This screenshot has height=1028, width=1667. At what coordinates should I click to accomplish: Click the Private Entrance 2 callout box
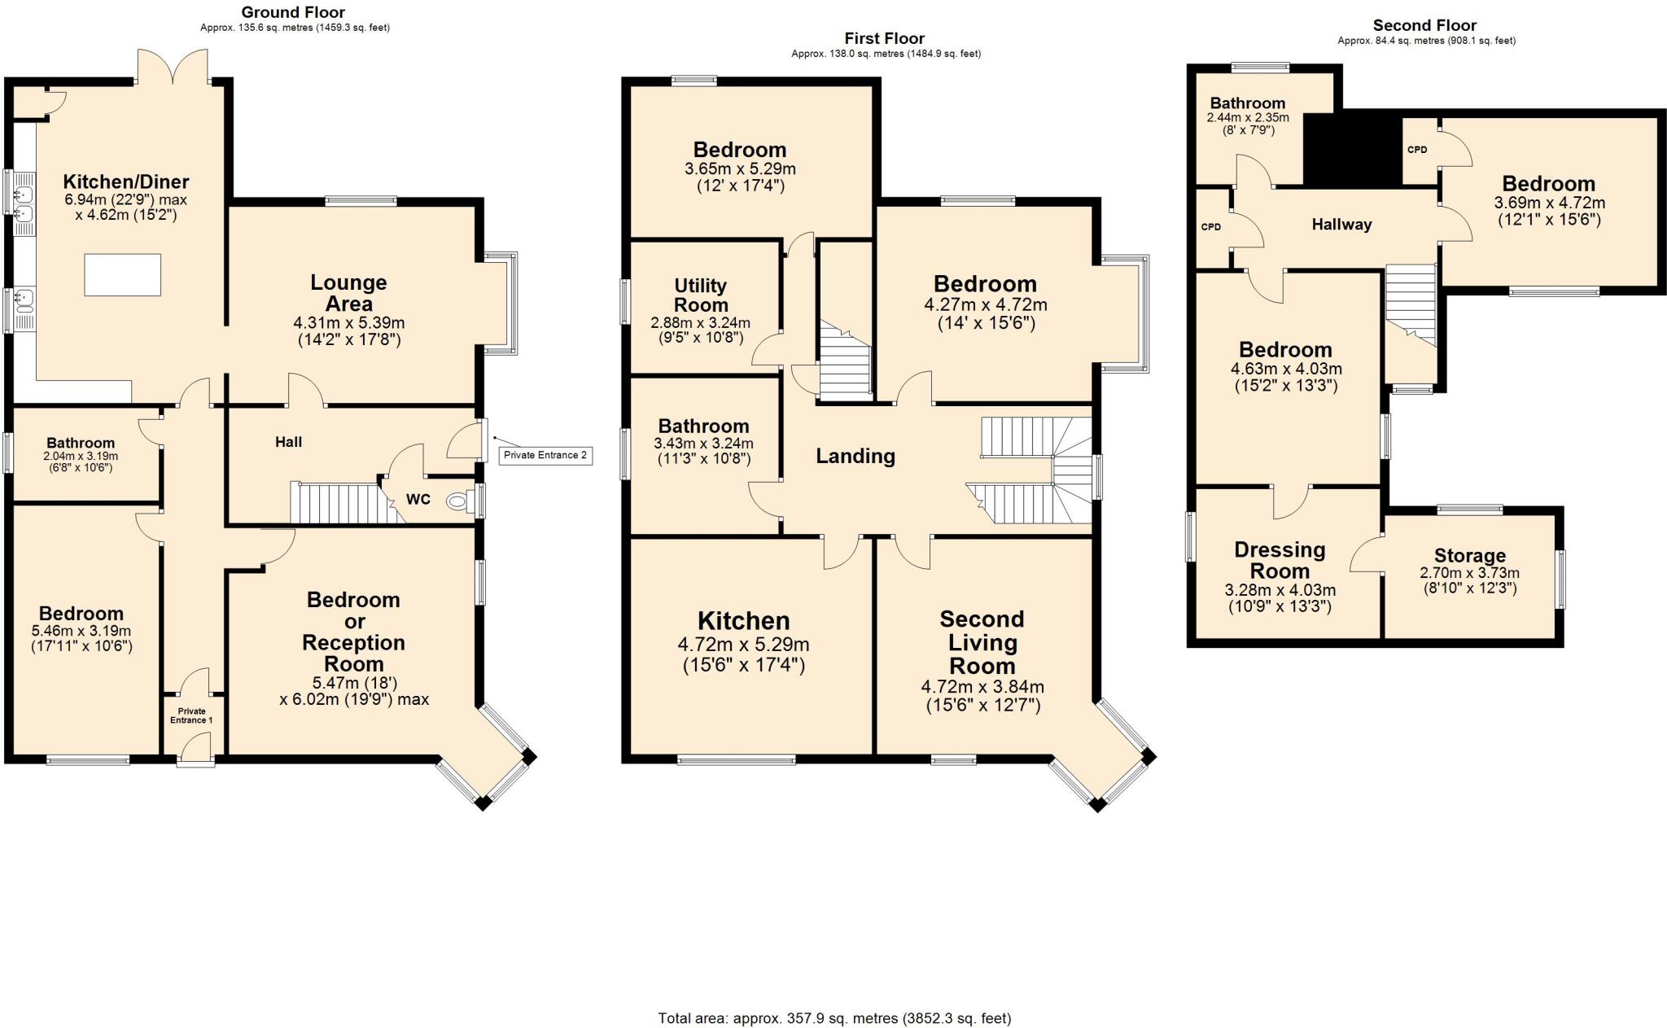coord(545,455)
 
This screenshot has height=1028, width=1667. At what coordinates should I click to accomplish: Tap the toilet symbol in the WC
coord(459,502)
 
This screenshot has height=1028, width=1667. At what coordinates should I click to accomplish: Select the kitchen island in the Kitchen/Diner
coord(123,275)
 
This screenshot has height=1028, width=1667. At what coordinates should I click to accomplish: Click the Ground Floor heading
coord(293,12)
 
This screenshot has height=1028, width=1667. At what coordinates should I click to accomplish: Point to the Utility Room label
coord(700,295)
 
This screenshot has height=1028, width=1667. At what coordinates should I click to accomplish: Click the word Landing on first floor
coord(855,457)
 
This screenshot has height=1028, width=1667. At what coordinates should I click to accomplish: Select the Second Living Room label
coord(982,642)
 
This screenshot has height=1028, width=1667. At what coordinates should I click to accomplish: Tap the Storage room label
coord(1469,556)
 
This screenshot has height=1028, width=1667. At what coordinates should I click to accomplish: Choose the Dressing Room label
coord(1280,560)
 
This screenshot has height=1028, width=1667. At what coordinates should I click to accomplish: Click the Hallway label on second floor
coord(1341,225)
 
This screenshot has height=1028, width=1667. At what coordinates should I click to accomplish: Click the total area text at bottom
coord(834,1018)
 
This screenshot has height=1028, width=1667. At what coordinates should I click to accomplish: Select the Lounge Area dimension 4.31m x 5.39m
coord(348,323)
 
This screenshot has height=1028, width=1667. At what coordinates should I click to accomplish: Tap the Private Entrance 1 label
coord(192,715)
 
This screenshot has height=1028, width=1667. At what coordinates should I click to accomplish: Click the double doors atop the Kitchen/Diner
coord(173,67)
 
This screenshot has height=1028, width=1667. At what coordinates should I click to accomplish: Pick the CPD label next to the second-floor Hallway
coord(1210,227)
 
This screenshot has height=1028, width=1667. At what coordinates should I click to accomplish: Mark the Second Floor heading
coord(1424,25)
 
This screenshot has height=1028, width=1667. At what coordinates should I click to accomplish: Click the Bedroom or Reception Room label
coord(353,632)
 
